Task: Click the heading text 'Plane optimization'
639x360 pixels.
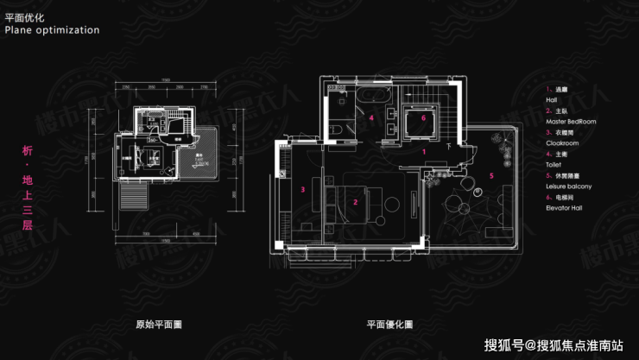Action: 52,29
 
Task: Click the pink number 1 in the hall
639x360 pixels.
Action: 424,149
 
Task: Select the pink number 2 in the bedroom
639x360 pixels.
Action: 355,203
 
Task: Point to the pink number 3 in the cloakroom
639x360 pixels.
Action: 303,187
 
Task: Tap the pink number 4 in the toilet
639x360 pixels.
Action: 370,117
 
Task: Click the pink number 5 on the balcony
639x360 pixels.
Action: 491,175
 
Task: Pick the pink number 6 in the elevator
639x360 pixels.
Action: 424,117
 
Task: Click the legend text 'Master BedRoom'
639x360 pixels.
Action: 571,122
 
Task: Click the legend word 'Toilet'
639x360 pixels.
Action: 554,164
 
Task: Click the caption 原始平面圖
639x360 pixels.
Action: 160,325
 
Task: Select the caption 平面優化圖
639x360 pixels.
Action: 389,325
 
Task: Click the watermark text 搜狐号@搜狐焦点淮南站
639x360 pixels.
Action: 553,346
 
